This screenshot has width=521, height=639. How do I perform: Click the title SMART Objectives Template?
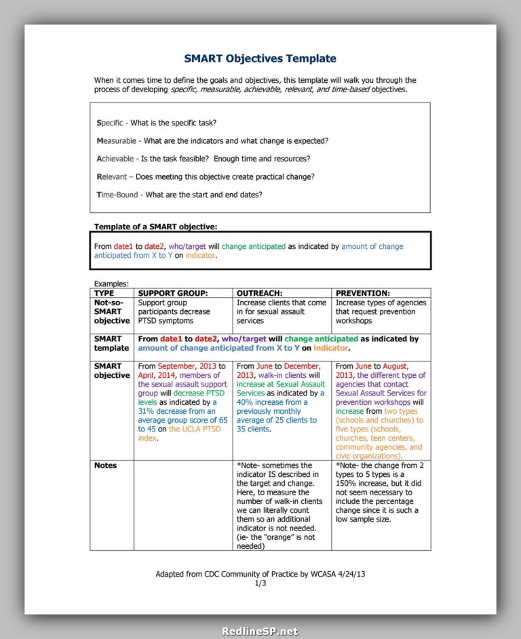[x=260, y=58]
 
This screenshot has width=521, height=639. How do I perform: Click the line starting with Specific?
[x=157, y=123]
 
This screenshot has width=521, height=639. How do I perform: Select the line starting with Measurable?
[x=212, y=140]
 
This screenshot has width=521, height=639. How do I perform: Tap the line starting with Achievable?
[x=204, y=159]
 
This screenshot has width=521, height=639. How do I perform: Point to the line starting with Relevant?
[x=206, y=176]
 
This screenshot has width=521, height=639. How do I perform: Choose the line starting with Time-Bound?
[x=180, y=195]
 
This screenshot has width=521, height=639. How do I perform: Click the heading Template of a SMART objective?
[x=155, y=227]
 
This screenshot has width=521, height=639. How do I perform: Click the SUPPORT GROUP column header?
[x=172, y=293]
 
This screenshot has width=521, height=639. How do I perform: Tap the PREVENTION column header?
[x=362, y=293]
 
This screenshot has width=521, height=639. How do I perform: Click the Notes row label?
[x=105, y=465]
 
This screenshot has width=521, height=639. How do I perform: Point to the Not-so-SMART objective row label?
[x=111, y=311]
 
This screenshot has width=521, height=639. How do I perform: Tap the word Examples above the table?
[x=111, y=284]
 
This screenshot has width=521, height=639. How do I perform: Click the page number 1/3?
[x=260, y=583]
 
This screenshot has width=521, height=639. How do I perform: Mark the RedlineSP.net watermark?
[x=260, y=631]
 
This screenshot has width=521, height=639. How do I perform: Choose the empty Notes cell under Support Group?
[x=182, y=505]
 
